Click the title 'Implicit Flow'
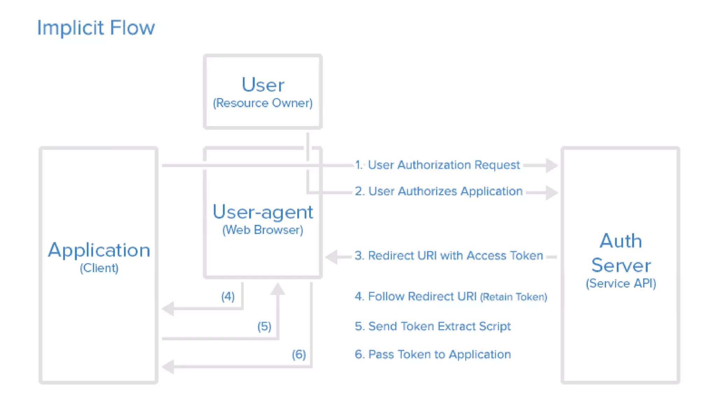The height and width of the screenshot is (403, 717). click(96, 28)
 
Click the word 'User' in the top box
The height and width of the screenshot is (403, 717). click(263, 85)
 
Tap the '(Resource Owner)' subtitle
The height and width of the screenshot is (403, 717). click(263, 103)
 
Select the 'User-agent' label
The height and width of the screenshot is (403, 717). click(263, 212)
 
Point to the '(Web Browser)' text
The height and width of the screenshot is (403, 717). click(263, 230)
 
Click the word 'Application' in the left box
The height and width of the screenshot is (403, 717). click(99, 250)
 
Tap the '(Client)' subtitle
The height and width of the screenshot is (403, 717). click(99, 268)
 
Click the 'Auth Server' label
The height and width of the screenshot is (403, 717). click(621, 253)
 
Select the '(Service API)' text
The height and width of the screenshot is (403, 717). click(621, 283)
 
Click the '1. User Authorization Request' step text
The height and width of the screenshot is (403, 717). click(437, 165)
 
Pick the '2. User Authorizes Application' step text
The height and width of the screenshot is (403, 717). click(439, 191)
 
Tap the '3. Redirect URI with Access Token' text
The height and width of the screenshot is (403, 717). click(448, 256)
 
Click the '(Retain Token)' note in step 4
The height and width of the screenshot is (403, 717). click(513, 297)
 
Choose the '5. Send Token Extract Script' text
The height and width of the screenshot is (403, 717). click(432, 326)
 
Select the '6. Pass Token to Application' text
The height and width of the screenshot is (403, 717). click(433, 354)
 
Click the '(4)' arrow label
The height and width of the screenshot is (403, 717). click(228, 297)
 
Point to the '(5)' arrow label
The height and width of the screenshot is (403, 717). click(264, 327)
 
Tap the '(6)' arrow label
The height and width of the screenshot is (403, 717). click(299, 355)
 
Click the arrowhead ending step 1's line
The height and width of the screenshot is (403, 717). click(551, 165)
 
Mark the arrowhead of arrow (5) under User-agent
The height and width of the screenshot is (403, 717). click(278, 289)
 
